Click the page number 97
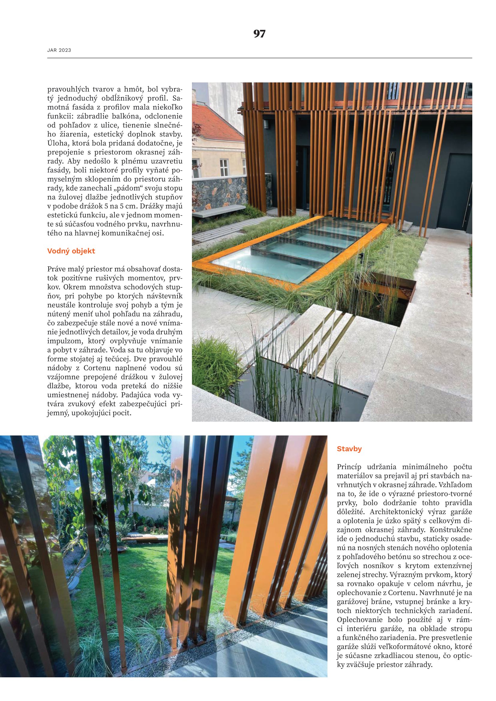pyautogui.click(x=259, y=34)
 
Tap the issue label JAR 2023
pyautogui.click(x=59, y=50)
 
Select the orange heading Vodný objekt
pyautogui.click(x=71, y=251)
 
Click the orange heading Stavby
pyautogui.click(x=349, y=449)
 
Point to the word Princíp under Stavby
pyautogui.click(x=349, y=467)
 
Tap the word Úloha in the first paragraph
pyautogui.click(x=55, y=143)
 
